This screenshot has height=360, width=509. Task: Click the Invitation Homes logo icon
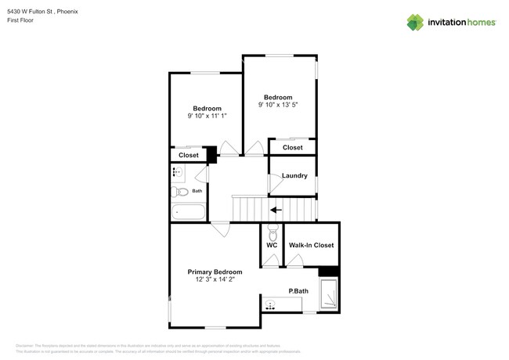[x=416, y=22]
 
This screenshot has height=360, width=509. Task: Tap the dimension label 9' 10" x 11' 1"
[x=207, y=117]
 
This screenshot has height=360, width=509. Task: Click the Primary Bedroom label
[x=215, y=272]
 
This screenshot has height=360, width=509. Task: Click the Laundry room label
[x=294, y=175]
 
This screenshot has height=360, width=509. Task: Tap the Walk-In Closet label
[x=311, y=245]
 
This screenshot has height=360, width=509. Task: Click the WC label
[x=272, y=245]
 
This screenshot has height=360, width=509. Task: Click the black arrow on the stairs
[x=275, y=209]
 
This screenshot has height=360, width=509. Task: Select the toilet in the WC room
[x=272, y=232]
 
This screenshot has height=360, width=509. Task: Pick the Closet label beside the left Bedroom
[x=188, y=155]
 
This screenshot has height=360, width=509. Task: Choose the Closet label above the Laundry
[x=292, y=147]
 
